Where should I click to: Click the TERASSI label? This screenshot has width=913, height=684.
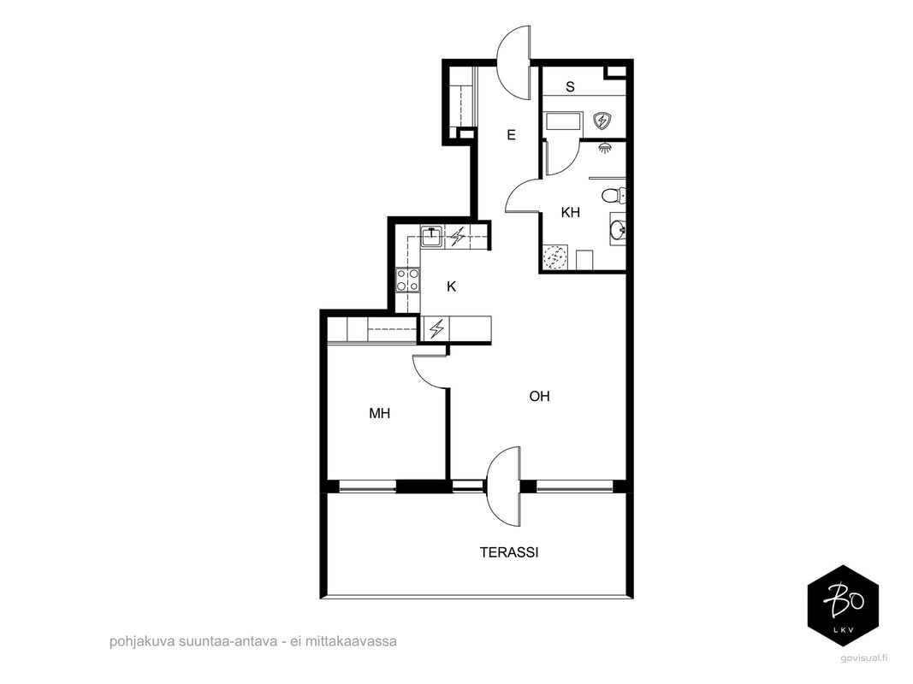[509, 552]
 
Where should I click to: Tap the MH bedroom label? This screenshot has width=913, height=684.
[380, 414]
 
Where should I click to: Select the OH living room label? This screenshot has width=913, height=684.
[539, 396]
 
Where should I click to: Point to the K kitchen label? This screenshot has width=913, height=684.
[451, 286]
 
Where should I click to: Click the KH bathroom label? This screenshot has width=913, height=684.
[571, 213]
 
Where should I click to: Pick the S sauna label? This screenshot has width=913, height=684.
[570, 86]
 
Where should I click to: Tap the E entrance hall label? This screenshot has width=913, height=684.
[511, 135]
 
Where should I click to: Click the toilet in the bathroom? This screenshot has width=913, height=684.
[614, 196]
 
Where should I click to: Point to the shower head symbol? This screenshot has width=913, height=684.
[606, 148]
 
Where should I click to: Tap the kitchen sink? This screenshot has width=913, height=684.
[431, 236]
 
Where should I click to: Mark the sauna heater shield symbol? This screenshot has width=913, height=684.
[602, 121]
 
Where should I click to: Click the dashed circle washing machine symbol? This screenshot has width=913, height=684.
[555, 256]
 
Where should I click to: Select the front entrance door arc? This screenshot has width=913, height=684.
[513, 62]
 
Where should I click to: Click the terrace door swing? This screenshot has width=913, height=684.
[502, 486]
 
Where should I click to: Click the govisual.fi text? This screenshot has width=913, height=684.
[864, 658]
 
